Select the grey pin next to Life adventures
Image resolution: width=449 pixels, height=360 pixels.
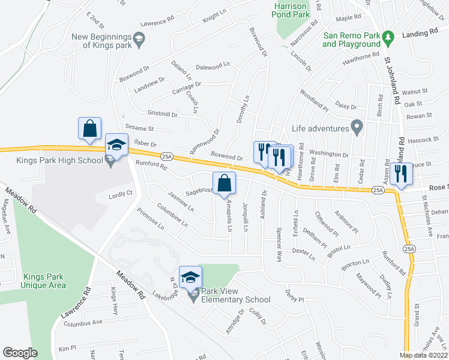[357, 128]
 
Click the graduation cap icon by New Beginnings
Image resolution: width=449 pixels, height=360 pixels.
[140, 41]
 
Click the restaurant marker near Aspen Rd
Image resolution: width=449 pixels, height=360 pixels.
[400, 173]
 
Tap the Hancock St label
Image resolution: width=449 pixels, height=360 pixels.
[427, 140]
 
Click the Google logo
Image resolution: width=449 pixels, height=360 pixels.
[20, 353]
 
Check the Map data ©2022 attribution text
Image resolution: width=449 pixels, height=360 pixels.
[424, 355]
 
